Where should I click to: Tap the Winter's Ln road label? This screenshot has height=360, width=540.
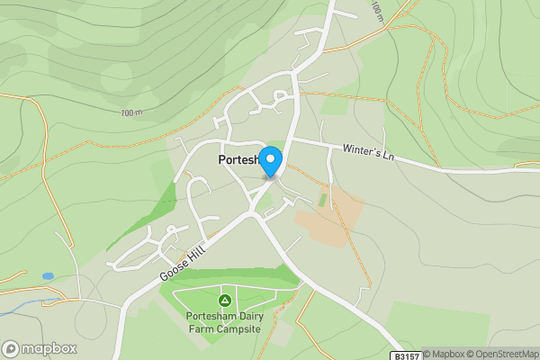click(369, 152)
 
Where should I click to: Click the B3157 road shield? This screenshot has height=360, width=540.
click(407, 355)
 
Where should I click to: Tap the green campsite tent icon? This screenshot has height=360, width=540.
click(224, 299)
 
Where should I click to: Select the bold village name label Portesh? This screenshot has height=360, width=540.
click(238, 160)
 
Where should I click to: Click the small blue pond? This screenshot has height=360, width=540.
click(48, 275)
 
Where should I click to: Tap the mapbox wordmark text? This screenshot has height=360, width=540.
click(49, 349)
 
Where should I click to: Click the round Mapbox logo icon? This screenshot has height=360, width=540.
click(11, 349)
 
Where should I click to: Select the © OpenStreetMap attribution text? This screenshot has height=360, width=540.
click(502, 355)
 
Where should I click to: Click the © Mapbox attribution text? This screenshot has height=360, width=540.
click(444, 355)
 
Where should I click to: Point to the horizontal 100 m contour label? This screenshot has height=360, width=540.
click(130, 112)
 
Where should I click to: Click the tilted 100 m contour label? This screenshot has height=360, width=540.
click(376, 10)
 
